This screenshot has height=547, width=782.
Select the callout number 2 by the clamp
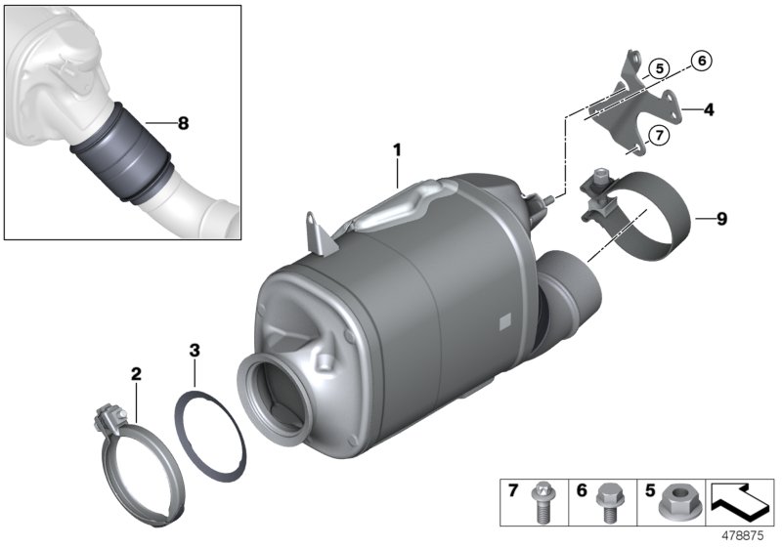click(136, 373)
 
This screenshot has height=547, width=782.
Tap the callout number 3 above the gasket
click(195, 349)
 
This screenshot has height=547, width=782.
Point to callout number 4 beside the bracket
click(708, 110)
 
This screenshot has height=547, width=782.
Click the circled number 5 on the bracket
click(660, 68)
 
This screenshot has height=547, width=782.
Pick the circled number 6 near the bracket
click(700, 61)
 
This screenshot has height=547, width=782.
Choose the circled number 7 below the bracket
click(659, 136)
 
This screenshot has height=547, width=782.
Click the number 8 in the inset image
click(182, 123)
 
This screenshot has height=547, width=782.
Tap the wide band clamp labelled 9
click(645, 215)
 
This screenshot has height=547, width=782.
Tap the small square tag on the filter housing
click(503, 320)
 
